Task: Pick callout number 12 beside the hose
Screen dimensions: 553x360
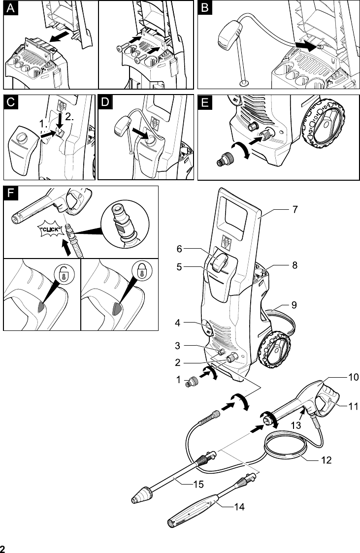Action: [x=326, y=461]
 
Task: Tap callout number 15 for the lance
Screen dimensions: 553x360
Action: [x=198, y=485]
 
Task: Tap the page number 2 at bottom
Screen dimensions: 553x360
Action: [x=3, y=549]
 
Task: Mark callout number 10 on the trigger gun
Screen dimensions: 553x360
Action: [x=353, y=378]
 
